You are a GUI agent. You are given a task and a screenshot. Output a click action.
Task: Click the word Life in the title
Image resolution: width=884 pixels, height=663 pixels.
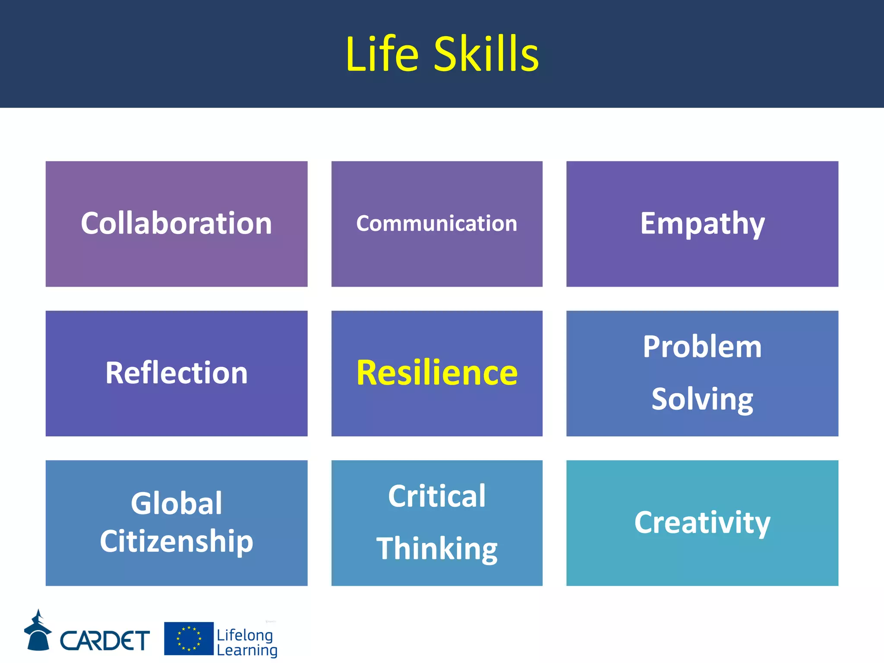point(382,55)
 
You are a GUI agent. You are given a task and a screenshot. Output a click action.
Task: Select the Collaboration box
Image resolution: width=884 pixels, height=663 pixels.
point(176,224)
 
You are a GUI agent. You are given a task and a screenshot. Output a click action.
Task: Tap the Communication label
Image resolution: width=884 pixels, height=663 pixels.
point(436,224)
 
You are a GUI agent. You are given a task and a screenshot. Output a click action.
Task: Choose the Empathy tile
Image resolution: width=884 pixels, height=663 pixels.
point(702,224)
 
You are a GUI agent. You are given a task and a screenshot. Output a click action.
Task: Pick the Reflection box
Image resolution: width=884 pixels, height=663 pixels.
point(176,373)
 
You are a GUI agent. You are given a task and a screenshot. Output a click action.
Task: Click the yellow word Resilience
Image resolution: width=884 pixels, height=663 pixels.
point(436,373)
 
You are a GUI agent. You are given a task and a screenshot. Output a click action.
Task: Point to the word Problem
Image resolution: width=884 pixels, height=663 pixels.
point(702,347)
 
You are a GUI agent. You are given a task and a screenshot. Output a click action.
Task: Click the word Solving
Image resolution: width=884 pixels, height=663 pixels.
point(702,399)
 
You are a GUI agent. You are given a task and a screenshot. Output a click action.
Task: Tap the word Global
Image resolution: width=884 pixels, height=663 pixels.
point(176,503)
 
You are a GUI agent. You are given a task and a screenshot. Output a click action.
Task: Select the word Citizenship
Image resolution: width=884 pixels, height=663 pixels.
point(176,541)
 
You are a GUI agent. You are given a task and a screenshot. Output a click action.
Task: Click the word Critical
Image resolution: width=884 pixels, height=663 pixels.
point(436,496)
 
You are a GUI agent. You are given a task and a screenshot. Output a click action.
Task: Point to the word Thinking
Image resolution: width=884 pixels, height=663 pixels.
point(436,549)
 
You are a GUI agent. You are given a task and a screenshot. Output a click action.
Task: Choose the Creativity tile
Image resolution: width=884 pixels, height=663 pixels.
point(702,523)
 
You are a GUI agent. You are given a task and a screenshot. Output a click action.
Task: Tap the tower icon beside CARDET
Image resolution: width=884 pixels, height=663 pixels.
point(38,631)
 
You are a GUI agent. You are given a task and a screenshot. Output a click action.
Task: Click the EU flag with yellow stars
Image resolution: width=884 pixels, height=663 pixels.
point(189,638)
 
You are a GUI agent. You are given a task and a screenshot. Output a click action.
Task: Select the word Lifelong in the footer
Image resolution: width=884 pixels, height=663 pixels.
point(245,635)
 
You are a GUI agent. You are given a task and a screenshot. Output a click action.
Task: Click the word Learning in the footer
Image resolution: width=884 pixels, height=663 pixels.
point(246,650)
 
